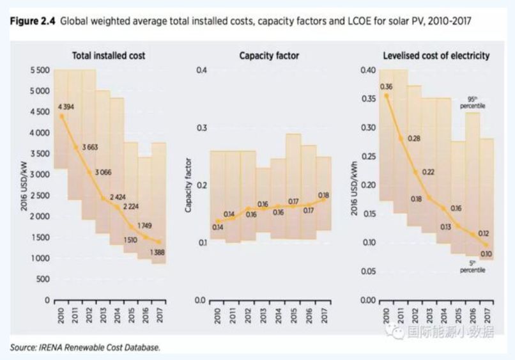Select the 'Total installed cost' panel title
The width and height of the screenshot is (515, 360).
108,56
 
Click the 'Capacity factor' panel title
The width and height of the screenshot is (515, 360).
269,56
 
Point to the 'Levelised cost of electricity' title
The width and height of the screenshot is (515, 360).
436,56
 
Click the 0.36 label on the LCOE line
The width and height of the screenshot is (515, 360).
386,86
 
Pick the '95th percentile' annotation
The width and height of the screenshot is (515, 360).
472,102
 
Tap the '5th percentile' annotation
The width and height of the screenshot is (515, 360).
472,267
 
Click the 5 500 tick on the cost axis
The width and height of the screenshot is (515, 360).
40,70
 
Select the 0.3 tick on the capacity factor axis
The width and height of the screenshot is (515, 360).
206,128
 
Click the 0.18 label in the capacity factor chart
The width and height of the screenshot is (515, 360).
323,195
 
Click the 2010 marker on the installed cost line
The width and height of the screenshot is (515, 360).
61,116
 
